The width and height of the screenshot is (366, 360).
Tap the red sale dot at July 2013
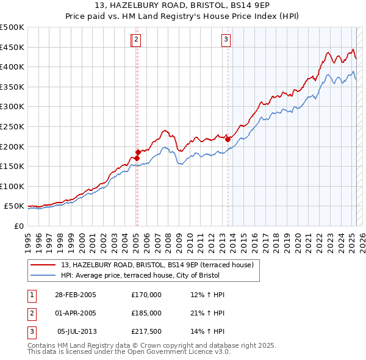[x=228, y=139]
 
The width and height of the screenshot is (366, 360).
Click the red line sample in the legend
[x=43, y=265]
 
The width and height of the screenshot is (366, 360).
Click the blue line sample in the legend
[x=43, y=275]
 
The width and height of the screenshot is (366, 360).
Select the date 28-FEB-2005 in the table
[x=76, y=295]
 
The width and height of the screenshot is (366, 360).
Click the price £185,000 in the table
[x=146, y=313]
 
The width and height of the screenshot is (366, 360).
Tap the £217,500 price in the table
[x=146, y=331]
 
